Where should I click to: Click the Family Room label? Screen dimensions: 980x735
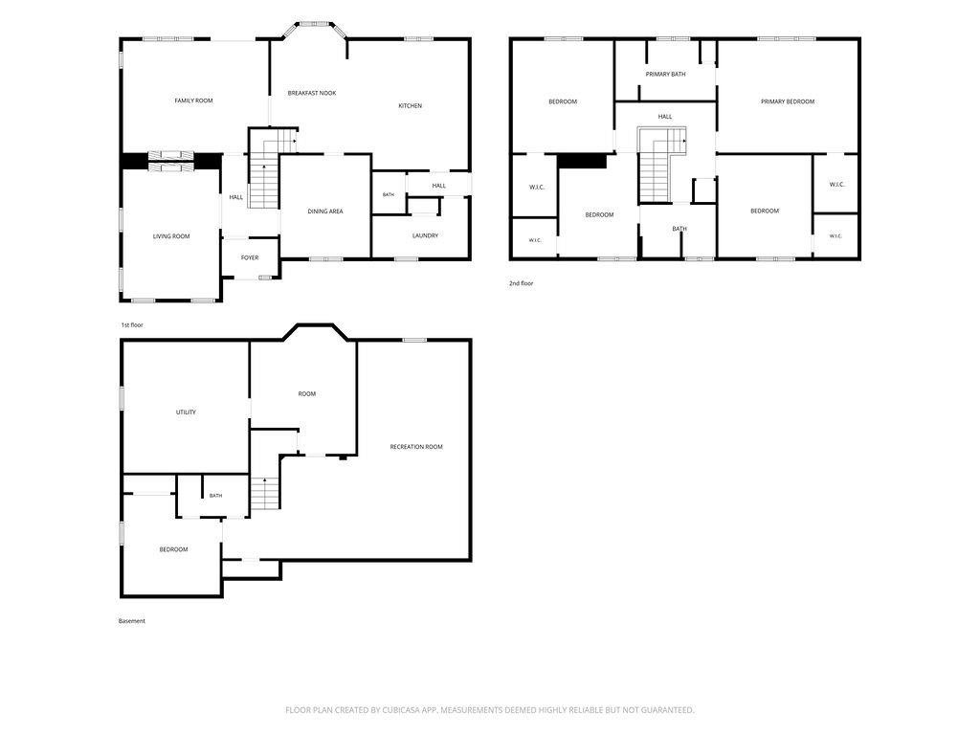pos(193,100)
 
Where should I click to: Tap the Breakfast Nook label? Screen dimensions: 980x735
pos(312,93)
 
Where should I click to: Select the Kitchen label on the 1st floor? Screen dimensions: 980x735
pos(410,106)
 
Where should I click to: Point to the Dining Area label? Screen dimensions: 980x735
pos(325,212)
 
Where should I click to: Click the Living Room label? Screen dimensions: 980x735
pos(171,236)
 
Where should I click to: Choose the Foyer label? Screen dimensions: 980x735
pos(250,257)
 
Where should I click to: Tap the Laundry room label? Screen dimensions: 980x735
pos(425,235)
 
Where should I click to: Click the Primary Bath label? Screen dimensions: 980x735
pos(666,75)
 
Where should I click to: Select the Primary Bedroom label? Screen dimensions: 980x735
pos(788,101)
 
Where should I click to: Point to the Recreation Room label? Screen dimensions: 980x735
pos(416,447)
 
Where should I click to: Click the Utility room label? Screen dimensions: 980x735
pos(186,412)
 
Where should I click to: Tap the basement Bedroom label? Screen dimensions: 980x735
pos(173,549)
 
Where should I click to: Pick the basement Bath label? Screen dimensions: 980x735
pos(215,496)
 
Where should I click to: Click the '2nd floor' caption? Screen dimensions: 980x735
pos(522,283)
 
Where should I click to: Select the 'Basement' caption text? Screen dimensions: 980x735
pos(132,621)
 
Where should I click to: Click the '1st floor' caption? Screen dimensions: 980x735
pos(132,325)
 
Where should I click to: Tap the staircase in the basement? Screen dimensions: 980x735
pos(265,493)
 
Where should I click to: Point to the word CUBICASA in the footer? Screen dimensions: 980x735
pos(410,710)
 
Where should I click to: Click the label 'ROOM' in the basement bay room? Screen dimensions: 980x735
pos(307,393)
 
